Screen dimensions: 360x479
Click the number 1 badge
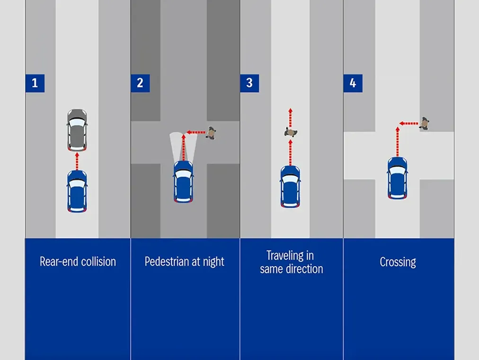35,83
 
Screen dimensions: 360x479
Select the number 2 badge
140,83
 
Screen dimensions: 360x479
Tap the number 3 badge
249,83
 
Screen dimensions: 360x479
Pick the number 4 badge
353,83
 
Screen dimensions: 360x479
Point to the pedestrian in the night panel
211,133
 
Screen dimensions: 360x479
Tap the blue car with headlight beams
183,182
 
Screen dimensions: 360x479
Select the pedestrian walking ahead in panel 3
290,132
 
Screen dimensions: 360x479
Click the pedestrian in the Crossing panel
425,124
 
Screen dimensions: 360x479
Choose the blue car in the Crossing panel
397,178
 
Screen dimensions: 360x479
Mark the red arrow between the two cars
77,160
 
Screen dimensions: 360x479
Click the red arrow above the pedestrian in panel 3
290,117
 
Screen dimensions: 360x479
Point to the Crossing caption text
398,262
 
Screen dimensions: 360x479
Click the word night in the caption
213,262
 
